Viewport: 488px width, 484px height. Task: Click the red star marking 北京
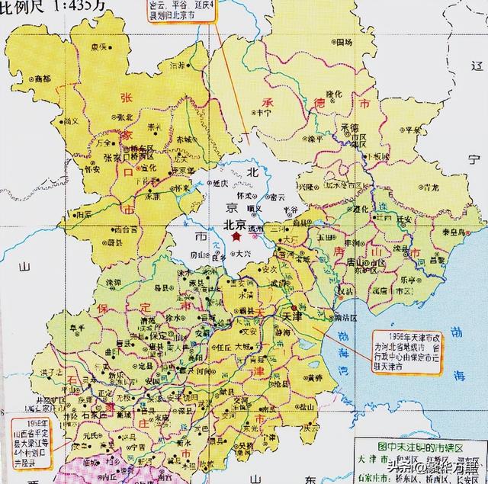point(237,238)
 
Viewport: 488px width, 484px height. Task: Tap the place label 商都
point(43,79)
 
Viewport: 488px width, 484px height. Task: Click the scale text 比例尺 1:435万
point(42,6)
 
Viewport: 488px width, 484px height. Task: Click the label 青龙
point(431,186)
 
